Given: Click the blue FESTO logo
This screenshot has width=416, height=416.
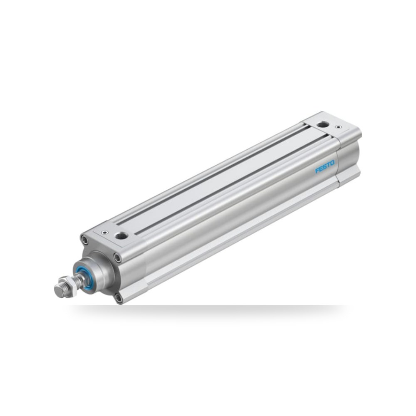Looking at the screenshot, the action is click(324, 167).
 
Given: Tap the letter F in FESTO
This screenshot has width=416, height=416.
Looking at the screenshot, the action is click(317, 170).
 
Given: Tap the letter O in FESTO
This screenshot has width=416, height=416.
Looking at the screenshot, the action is click(332, 163).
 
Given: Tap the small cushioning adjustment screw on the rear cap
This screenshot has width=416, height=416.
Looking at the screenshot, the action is click(338, 127).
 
